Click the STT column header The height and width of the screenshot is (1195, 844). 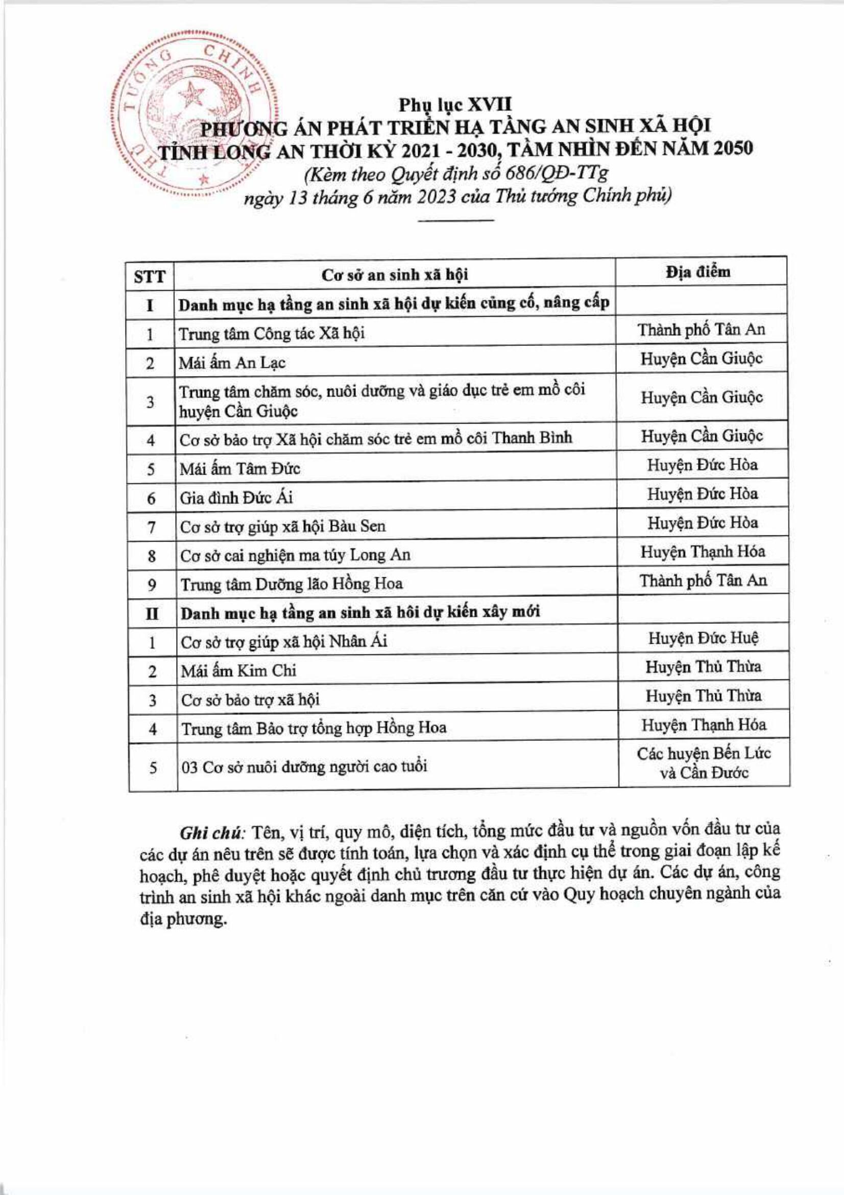point(150,277)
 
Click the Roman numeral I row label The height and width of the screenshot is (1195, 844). point(150,304)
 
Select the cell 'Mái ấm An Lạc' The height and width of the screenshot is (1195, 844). point(232,362)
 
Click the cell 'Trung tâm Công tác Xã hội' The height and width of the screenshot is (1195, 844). point(272,333)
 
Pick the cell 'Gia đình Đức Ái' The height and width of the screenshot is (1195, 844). point(236,498)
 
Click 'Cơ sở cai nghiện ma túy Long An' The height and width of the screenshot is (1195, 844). point(295,555)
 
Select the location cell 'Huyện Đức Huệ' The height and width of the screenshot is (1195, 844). point(703,639)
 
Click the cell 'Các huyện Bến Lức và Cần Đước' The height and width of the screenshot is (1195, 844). point(704,763)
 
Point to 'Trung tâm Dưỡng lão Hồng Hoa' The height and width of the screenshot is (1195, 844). point(292,584)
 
